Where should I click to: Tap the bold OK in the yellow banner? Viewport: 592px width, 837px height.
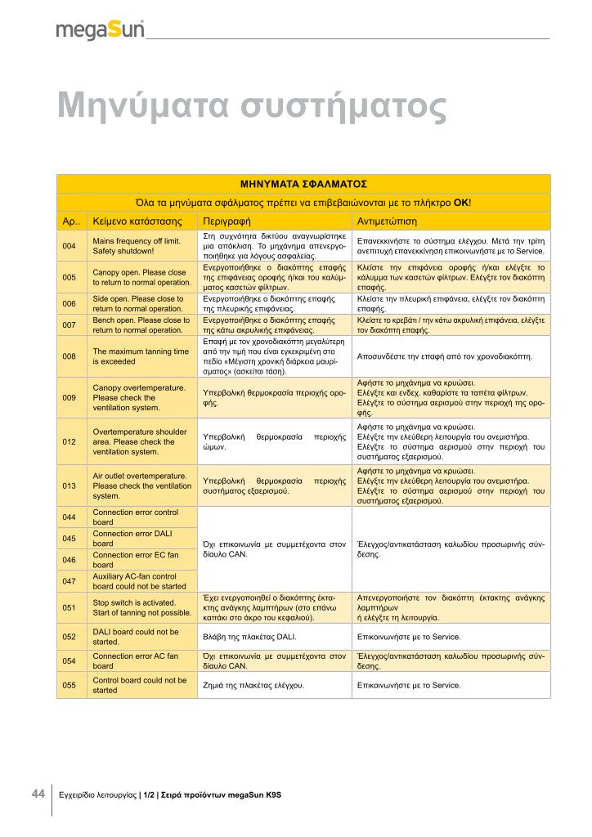[461, 202]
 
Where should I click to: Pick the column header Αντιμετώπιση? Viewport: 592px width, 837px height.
[388, 221]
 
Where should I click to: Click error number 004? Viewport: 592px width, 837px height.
[70, 246]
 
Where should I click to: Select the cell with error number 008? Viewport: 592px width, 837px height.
[70, 356]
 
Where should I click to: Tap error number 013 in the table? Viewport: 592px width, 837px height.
[70, 486]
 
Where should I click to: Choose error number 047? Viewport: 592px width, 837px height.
[70, 581]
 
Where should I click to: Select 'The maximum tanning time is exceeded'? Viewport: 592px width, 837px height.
[141, 356]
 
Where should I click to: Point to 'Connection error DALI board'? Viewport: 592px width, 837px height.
[135, 539]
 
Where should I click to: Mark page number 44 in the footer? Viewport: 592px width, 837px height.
[38, 794]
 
